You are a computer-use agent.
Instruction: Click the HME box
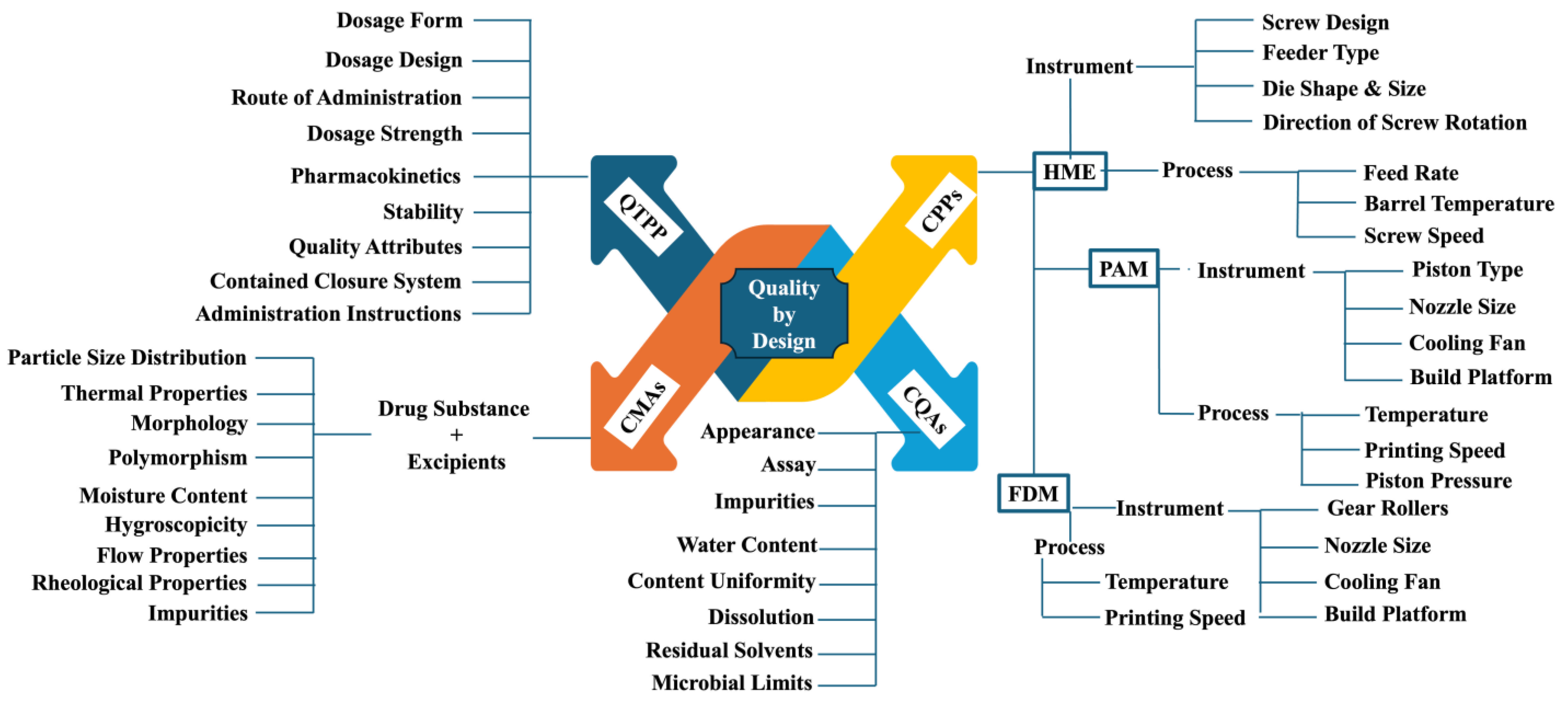(x=1070, y=172)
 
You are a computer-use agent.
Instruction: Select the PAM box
(x=1123, y=269)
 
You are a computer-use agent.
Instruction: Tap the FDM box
(x=1033, y=494)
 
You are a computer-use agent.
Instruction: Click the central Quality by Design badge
(x=783, y=314)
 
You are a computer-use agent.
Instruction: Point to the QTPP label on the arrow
(x=643, y=217)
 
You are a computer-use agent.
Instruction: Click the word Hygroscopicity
(x=176, y=525)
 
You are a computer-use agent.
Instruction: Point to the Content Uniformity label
(x=721, y=581)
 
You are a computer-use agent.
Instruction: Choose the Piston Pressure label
(x=1438, y=481)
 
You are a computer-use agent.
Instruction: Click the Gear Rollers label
(x=1387, y=508)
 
